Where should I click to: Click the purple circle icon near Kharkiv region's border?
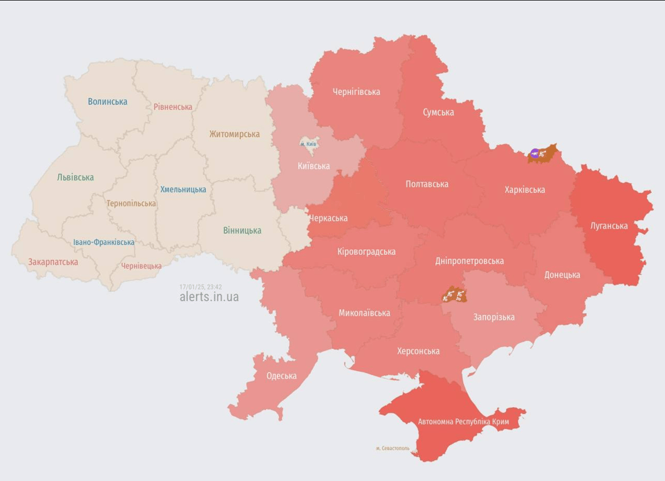534,153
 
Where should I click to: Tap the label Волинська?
107,101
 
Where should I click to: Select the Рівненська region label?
173,106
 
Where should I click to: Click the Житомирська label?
234,134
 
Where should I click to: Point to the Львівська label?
75,177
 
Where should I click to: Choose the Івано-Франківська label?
103,242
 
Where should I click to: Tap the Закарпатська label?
53,262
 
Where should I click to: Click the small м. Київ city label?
308,144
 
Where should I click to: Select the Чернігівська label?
356,92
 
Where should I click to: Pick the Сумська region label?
438,112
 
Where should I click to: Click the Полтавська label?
426,184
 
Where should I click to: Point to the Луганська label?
609,225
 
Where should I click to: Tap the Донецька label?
562,274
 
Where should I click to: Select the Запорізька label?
494,317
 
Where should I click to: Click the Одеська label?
281,376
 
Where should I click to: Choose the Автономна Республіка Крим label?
463,422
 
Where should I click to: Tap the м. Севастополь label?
393,448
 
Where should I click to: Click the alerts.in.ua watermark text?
209,297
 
